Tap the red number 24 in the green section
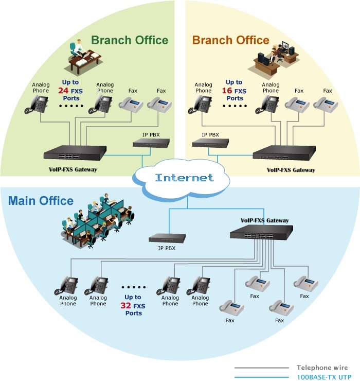coord(63,91)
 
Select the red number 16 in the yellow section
coord(227,91)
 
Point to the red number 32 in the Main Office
coord(126,305)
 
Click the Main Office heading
coord(41,201)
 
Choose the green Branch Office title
coord(130,40)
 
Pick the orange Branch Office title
coord(230,40)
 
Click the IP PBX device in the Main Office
coord(167,238)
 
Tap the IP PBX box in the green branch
coord(151,143)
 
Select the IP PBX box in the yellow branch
coord(210,143)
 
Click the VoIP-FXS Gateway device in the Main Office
coord(261,232)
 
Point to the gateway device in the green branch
coord(75,152)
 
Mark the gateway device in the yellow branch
coord(284,152)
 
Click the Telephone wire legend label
coord(322,368)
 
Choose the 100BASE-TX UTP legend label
coord(324,377)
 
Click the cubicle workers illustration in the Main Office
coord(97,221)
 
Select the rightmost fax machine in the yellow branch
coord(326,105)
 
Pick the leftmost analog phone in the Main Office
coord(66,285)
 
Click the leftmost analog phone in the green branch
coord(37,104)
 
